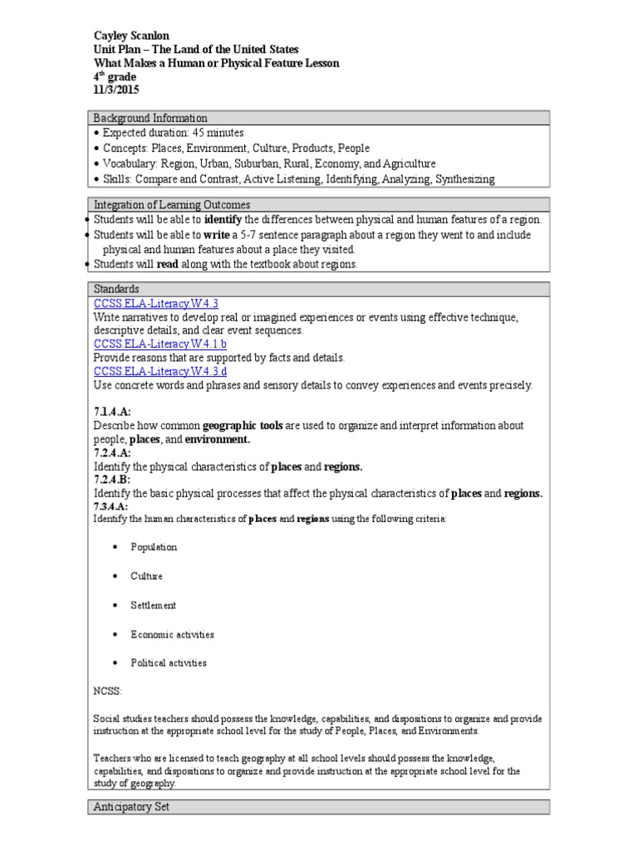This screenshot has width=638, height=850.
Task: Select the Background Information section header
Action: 150,118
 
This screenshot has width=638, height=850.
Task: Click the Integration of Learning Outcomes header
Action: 172,204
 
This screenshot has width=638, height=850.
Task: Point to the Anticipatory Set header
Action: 131,806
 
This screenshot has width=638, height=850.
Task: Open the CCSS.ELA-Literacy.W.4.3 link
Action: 155,304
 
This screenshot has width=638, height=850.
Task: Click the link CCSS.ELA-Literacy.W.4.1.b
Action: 159,344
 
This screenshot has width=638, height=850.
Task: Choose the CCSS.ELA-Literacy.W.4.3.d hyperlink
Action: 159,371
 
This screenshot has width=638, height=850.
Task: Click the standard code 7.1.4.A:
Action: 112,411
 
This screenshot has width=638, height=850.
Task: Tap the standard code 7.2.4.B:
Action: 112,480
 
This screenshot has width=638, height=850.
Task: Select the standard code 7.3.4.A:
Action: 110,506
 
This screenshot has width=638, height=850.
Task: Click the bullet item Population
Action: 154,547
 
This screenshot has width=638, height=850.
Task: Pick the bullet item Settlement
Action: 153,605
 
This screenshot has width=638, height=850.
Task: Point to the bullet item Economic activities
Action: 172,634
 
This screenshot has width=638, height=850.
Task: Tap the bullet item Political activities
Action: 169,663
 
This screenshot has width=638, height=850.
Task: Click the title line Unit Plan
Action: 195,50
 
